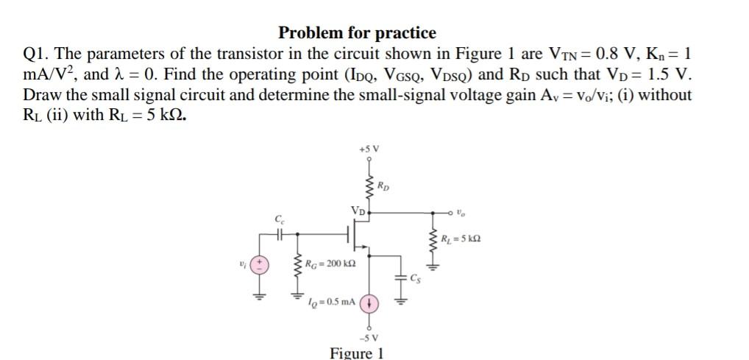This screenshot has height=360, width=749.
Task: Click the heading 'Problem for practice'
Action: tap(357, 32)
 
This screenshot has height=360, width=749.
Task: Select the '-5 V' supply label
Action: tap(369, 339)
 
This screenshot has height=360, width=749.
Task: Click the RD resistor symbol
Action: tap(369, 186)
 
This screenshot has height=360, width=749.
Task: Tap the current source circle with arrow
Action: tap(369, 303)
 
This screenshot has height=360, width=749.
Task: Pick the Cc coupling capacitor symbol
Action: tap(280, 235)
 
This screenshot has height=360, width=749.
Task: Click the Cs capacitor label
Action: tap(416, 278)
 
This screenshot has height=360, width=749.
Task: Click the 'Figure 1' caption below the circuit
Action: tap(357, 352)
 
